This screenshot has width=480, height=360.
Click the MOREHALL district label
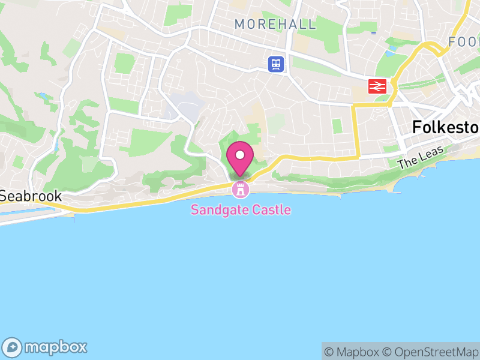coord(275,25)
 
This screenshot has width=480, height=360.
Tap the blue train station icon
coord(276,64)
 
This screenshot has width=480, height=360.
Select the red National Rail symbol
coord(377,86)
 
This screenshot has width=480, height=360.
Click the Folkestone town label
coord(445,127)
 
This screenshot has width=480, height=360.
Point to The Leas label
coord(415,158)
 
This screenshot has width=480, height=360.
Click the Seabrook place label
coord(31,196)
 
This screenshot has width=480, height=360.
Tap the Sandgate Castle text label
coord(241,210)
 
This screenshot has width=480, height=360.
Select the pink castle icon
coord(241,190)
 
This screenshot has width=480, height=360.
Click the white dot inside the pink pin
coord(240,155)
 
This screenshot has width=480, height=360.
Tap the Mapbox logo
coord(46,347)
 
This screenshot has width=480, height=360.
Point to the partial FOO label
coord(464,42)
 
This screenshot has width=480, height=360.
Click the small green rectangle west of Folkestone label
coord(337,126)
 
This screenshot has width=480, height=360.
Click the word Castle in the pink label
coord(269,210)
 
